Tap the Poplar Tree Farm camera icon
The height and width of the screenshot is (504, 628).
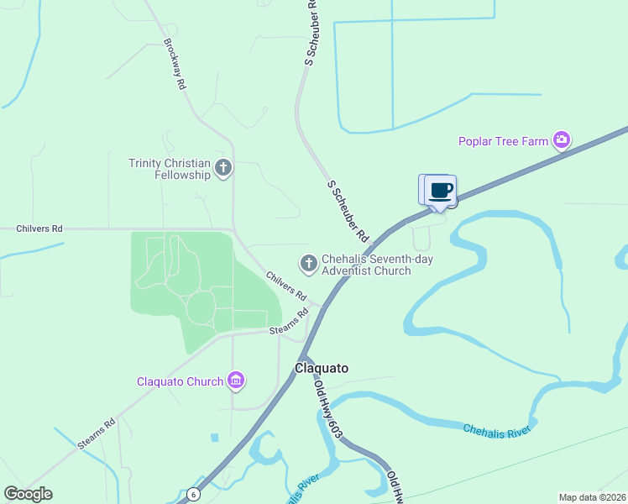click(x=562, y=140)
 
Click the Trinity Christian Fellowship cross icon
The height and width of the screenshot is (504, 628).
click(x=223, y=168)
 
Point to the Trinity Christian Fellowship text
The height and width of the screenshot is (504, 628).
click(x=169, y=169)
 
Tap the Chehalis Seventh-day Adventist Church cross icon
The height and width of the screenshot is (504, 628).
click(x=308, y=264)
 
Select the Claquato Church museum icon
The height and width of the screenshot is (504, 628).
click(x=237, y=381)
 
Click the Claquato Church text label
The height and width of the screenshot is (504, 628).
click(x=181, y=381)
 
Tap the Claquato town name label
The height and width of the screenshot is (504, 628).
click(x=321, y=368)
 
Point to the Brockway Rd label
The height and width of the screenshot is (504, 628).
click(x=175, y=64)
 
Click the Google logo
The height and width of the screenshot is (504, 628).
click(x=28, y=494)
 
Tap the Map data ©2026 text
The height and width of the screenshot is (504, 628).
click(x=592, y=497)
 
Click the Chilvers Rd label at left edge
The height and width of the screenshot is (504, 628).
click(x=39, y=228)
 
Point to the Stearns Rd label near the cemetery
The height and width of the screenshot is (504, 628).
click(x=290, y=324)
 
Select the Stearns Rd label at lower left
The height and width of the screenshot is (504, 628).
click(x=97, y=433)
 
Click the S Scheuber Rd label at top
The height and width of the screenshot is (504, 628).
click(x=310, y=34)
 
